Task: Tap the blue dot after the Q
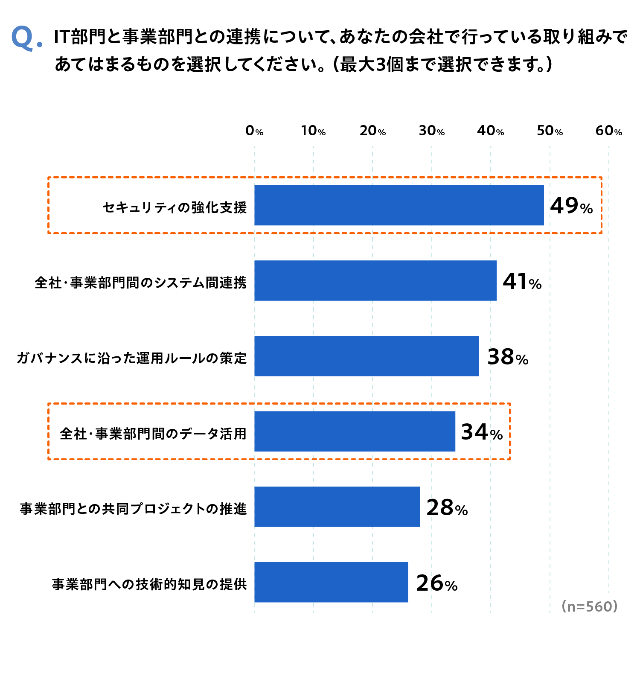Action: point(40,44)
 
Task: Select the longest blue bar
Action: point(399,205)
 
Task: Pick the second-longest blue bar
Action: point(375,280)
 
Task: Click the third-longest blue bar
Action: point(367,356)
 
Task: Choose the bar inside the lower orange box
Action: point(355,431)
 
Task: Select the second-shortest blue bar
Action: point(337,507)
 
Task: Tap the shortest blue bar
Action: point(331,582)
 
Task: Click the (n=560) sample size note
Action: point(589,606)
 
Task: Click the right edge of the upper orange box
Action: point(602,205)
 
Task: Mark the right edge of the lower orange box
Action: point(510,431)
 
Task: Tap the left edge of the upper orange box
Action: point(49,205)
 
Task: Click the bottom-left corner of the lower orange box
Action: point(49,459)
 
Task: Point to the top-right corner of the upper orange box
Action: point(602,178)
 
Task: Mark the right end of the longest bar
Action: point(543,205)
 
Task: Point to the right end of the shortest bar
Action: point(407,582)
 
